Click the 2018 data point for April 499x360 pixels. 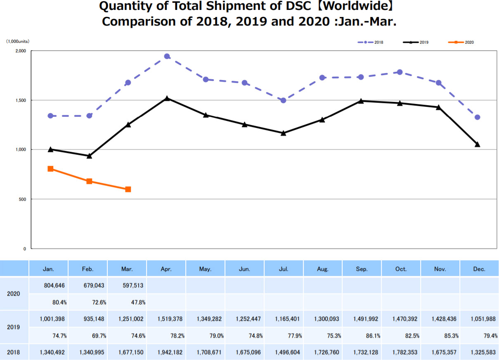[x=167, y=56]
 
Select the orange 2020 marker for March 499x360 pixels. [x=128, y=189]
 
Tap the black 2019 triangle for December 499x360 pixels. [x=477, y=144]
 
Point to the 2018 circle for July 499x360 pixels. [x=283, y=100]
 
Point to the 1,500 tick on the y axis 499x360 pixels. [x=20, y=100]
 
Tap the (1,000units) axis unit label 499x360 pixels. [x=17, y=41]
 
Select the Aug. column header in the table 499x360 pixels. [x=323, y=269]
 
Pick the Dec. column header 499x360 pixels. [x=479, y=269]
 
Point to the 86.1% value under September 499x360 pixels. [x=373, y=336]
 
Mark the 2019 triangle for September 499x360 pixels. [x=361, y=101]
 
